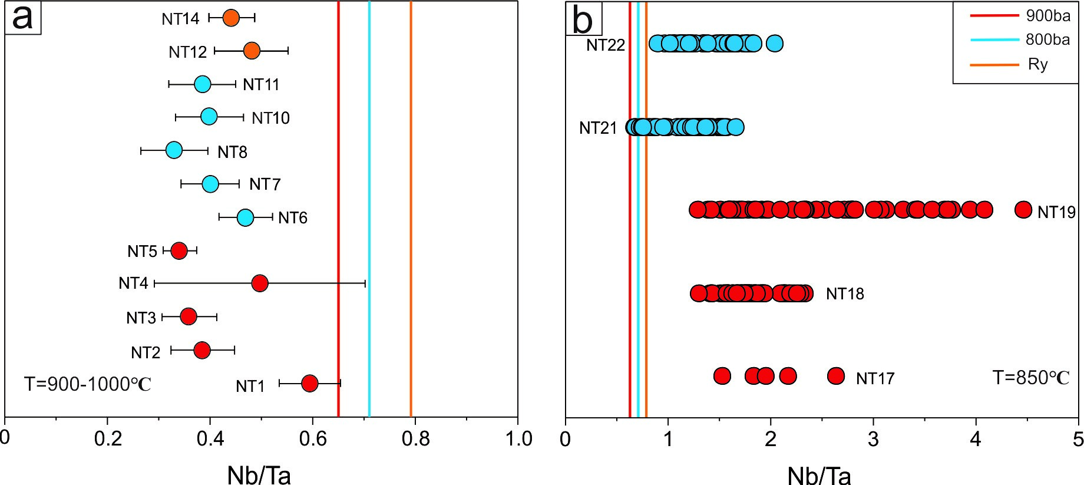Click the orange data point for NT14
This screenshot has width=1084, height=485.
point(231,18)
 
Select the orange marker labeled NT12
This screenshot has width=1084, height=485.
point(252,51)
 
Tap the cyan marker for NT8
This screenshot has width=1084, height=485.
point(174,150)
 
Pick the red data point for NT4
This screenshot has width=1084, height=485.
point(260,283)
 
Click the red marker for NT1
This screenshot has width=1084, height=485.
point(309,384)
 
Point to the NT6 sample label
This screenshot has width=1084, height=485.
point(293,218)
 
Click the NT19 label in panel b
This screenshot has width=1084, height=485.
point(1056,212)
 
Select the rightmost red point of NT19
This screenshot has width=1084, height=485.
point(1023,209)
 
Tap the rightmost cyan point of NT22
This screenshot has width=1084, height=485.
point(775,43)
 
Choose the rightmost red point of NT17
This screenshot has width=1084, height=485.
point(836,375)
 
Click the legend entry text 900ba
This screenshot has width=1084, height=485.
point(1048,17)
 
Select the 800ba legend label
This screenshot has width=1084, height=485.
point(1048,40)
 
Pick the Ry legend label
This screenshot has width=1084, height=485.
point(1038,64)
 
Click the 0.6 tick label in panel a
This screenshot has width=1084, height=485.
point(312,438)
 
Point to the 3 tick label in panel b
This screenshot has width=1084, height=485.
point(873,439)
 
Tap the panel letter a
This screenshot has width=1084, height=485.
point(22,18)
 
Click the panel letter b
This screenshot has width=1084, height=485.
point(583,21)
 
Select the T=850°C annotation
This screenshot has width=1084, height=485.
point(1031,377)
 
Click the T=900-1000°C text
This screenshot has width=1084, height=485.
point(87,384)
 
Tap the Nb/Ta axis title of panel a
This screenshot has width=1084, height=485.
point(259,475)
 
